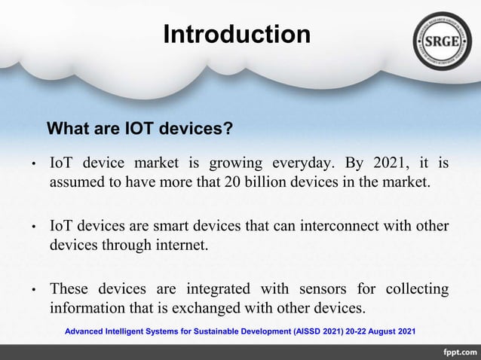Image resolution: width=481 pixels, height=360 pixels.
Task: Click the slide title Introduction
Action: pos(237,35)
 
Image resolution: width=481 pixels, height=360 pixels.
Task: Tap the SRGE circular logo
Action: pos(443,41)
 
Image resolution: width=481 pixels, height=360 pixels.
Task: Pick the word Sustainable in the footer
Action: pos(210,331)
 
